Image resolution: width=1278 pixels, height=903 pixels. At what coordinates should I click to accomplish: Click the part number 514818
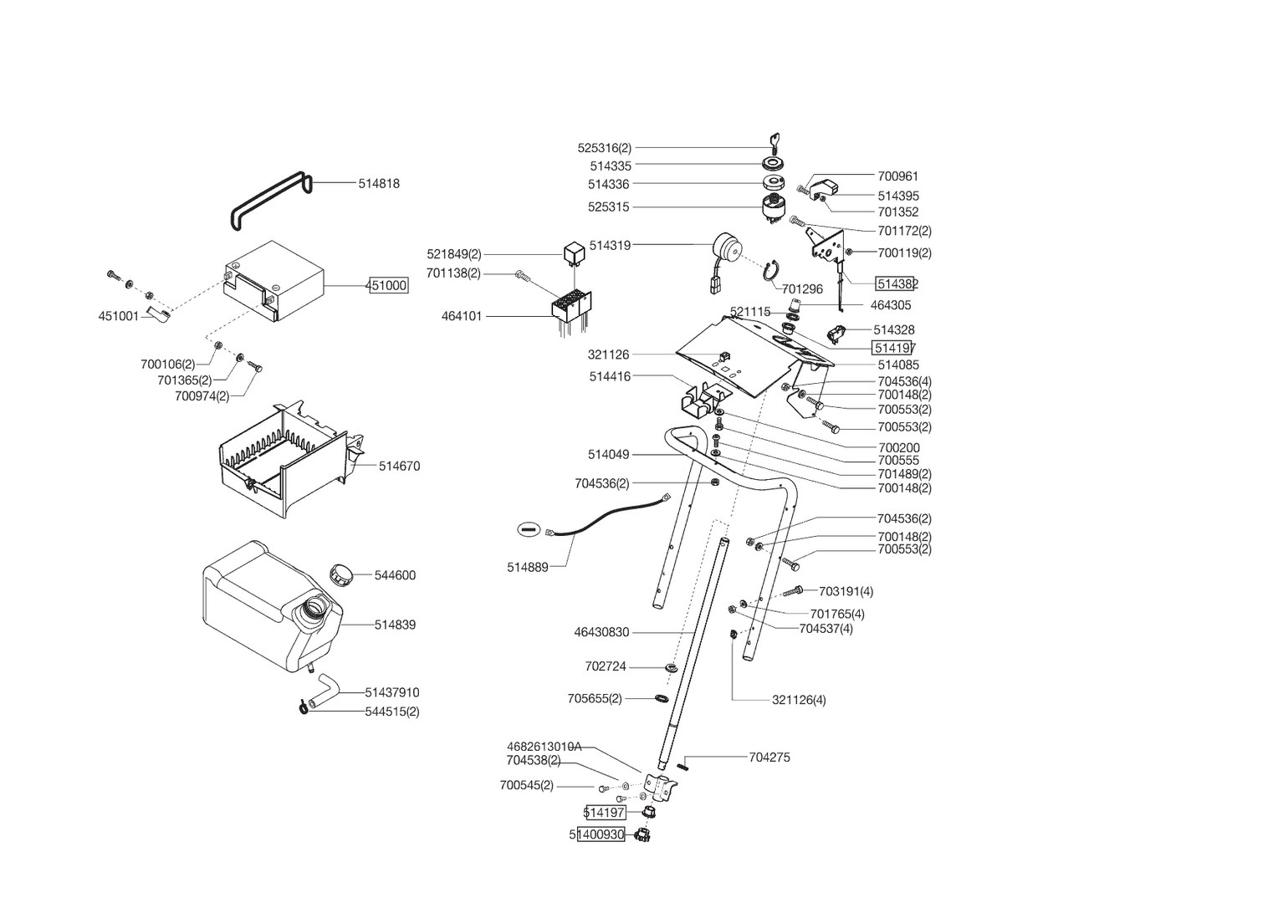pyautogui.click(x=379, y=184)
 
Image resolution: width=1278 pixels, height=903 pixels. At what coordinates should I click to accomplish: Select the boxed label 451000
pyautogui.click(x=388, y=286)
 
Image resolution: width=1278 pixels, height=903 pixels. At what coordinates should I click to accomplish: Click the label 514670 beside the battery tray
pyautogui.click(x=399, y=467)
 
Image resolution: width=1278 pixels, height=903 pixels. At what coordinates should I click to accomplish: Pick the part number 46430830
pyautogui.click(x=601, y=633)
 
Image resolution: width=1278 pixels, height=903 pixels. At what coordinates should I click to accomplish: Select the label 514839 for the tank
pyautogui.click(x=395, y=625)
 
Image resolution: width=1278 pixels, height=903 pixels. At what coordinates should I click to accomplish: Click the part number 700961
pyautogui.click(x=897, y=176)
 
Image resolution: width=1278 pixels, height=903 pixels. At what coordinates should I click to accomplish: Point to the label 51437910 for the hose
pyautogui.click(x=391, y=693)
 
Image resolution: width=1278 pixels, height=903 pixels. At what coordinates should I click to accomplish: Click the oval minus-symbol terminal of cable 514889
pyautogui.click(x=527, y=529)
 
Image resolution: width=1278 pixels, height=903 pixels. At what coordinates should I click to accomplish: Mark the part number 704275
pyautogui.click(x=769, y=758)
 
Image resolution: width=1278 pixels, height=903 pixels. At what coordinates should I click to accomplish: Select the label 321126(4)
pyautogui.click(x=798, y=700)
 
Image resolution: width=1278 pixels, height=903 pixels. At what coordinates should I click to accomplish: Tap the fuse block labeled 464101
pyautogui.click(x=570, y=307)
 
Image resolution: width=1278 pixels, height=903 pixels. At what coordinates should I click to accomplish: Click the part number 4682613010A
pyautogui.click(x=544, y=747)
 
